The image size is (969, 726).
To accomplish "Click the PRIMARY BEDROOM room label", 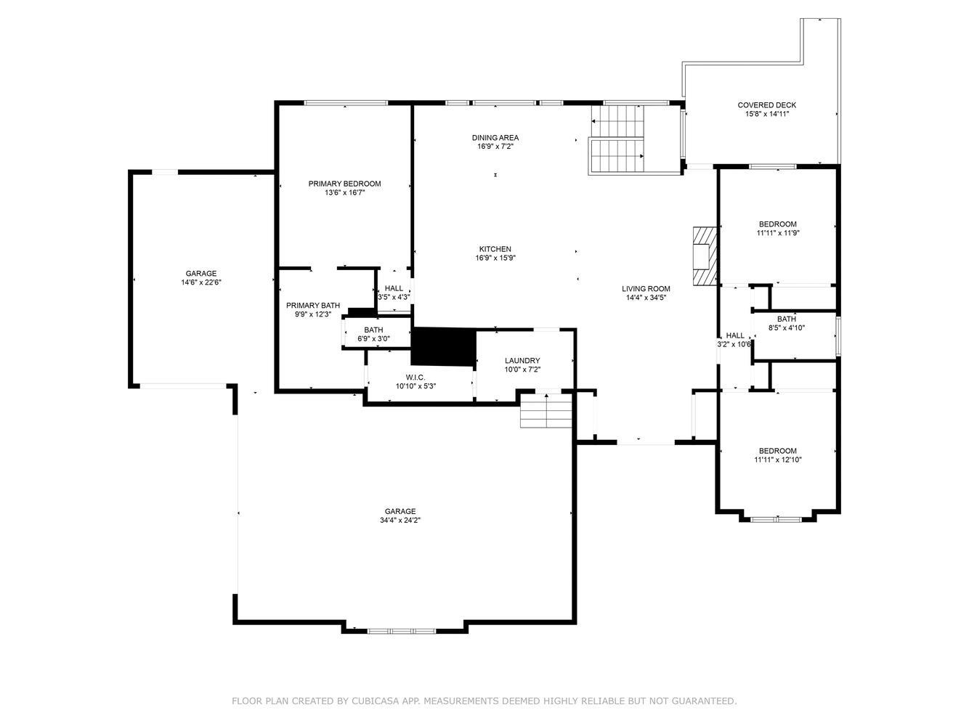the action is pyautogui.click(x=344, y=184).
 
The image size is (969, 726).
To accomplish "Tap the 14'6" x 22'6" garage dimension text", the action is pyautogui.click(x=201, y=282).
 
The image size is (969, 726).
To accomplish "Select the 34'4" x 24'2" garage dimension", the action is pyautogui.click(x=400, y=520).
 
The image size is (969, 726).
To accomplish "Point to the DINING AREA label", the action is pyautogui.click(x=495, y=138).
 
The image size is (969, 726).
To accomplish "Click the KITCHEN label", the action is pyautogui.click(x=495, y=249).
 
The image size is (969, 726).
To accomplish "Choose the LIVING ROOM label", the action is pyautogui.click(x=646, y=288).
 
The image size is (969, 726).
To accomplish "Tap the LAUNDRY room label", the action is pyautogui.click(x=522, y=360).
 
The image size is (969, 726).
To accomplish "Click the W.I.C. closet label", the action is pyautogui.click(x=415, y=377).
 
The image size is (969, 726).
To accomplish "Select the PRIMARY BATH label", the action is pyautogui.click(x=313, y=305).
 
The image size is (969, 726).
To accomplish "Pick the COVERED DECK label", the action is pyautogui.click(x=767, y=105).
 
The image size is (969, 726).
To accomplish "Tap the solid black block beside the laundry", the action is pyautogui.click(x=444, y=347).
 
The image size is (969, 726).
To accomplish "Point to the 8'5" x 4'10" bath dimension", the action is pyautogui.click(x=787, y=327).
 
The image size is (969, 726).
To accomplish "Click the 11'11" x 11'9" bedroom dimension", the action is pyautogui.click(x=778, y=233).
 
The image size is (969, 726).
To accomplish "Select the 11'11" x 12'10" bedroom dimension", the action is pyautogui.click(x=778, y=460).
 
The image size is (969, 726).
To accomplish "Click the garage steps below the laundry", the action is pyautogui.click(x=546, y=410).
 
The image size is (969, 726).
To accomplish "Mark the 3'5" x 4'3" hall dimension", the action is pyautogui.click(x=394, y=297).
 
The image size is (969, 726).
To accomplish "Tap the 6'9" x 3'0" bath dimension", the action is pyautogui.click(x=373, y=339).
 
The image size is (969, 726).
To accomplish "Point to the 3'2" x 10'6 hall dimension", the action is pyautogui.click(x=734, y=344).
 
